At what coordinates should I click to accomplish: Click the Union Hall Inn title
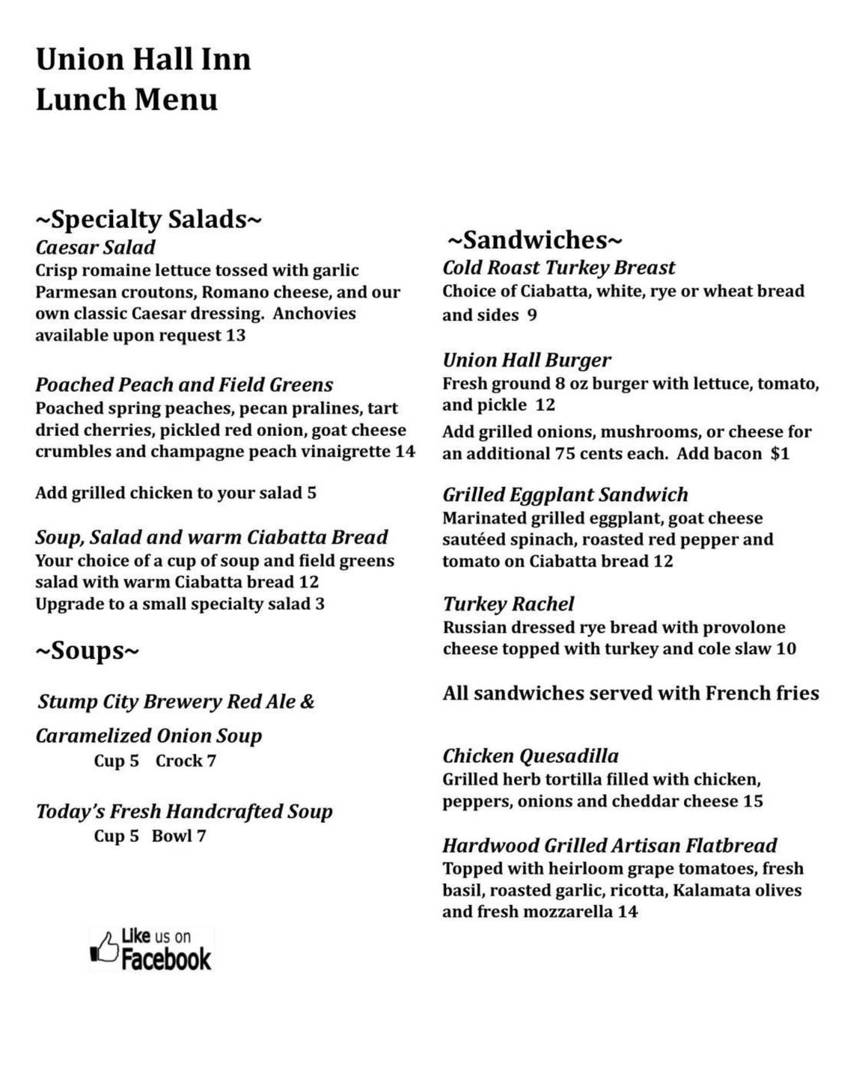pyautogui.click(x=143, y=60)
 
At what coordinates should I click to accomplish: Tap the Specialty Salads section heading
pyautogui.click(x=148, y=219)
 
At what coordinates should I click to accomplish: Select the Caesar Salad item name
pyautogui.click(x=95, y=248)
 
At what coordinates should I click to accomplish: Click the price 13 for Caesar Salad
pyautogui.click(x=236, y=335)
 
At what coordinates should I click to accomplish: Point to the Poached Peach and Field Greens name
pyautogui.click(x=184, y=385)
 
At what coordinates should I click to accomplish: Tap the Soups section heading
pyautogui.click(x=87, y=650)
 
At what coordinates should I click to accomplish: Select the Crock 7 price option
pyautogui.click(x=186, y=761)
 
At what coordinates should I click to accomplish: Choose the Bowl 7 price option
pyautogui.click(x=178, y=835)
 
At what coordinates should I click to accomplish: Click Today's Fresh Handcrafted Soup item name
pyautogui.click(x=184, y=811)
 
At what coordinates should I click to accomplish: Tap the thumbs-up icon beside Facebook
pyautogui.click(x=105, y=948)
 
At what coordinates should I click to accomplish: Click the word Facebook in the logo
pyautogui.click(x=166, y=959)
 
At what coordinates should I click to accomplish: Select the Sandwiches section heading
pyautogui.click(x=534, y=240)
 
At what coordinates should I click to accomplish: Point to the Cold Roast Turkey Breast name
pyautogui.click(x=558, y=268)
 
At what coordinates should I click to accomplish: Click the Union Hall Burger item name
pyautogui.click(x=527, y=360)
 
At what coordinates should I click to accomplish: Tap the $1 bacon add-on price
pyautogui.click(x=780, y=453)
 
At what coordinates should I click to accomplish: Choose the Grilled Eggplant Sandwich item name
pyautogui.click(x=565, y=495)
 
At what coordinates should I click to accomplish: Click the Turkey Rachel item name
pyautogui.click(x=508, y=604)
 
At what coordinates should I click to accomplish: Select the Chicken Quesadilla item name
pyautogui.click(x=531, y=756)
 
